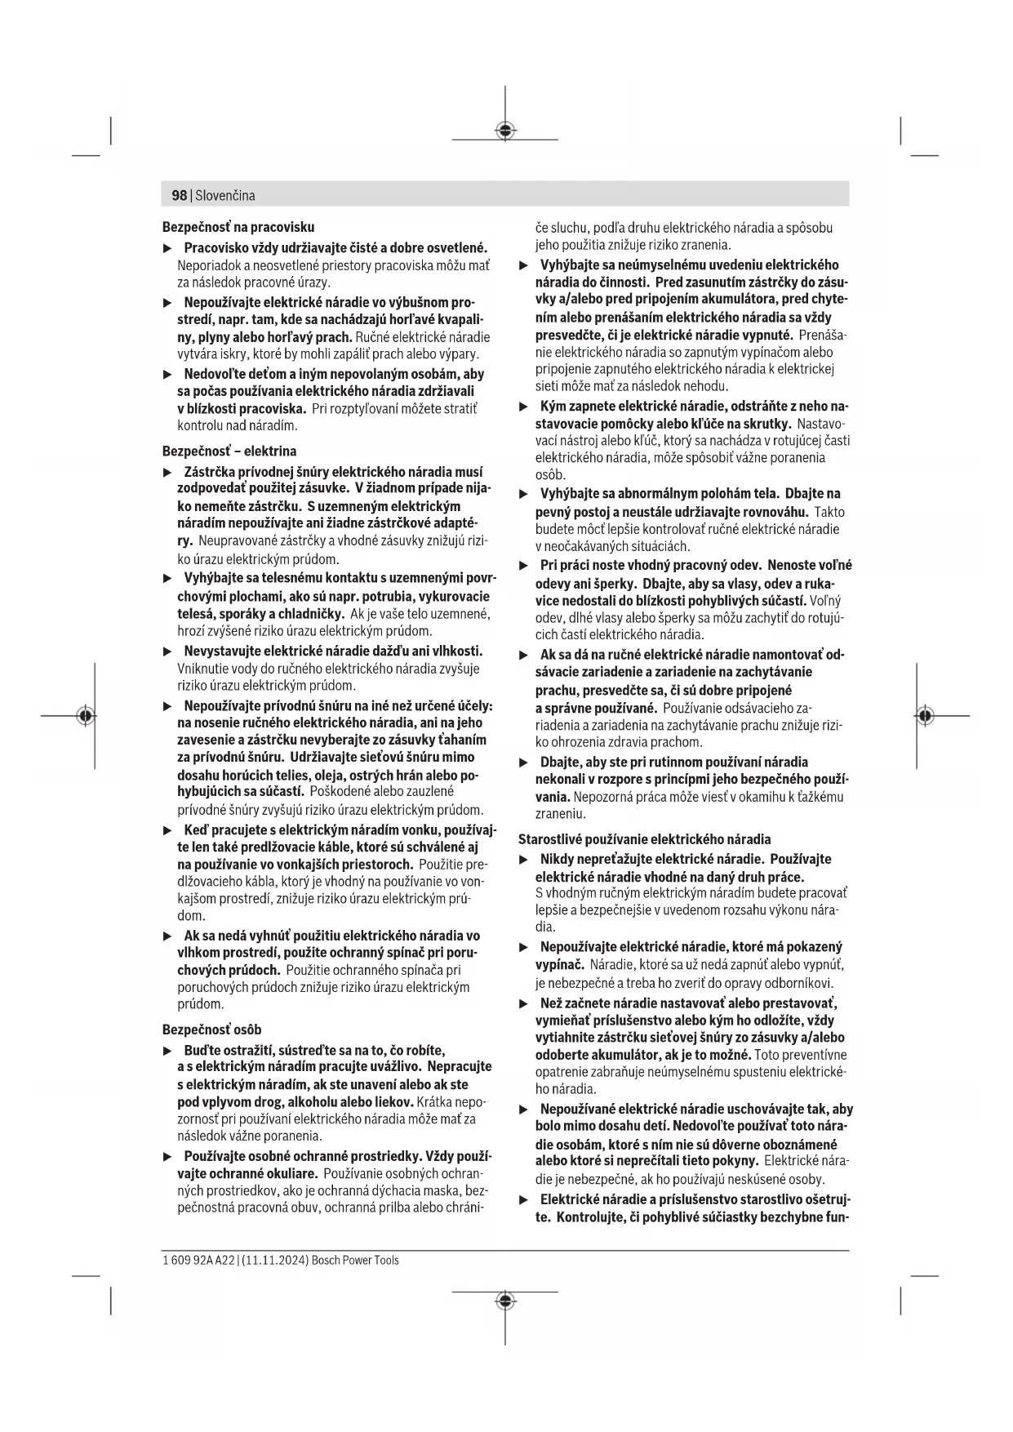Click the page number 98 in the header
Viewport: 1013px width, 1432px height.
click(179, 195)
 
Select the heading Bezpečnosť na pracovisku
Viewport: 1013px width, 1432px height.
click(238, 227)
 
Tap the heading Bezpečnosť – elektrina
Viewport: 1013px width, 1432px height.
click(229, 451)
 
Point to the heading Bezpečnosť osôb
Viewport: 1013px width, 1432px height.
click(211, 1030)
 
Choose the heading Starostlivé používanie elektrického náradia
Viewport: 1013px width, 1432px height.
click(644, 838)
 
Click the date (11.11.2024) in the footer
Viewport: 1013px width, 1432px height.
click(274, 1260)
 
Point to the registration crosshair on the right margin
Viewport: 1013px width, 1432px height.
click(924, 716)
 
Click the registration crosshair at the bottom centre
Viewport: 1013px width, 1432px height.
click(505, 1301)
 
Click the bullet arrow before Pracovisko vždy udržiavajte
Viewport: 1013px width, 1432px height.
click(167, 247)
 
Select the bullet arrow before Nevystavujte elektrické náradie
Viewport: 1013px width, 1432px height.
click(167, 652)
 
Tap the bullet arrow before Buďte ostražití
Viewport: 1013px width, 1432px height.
click(167, 1050)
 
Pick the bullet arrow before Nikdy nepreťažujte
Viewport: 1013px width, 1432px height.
click(524, 859)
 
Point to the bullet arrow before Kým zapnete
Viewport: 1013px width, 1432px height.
click(524, 406)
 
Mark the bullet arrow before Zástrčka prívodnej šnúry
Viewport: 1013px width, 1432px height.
click(167, 472)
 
